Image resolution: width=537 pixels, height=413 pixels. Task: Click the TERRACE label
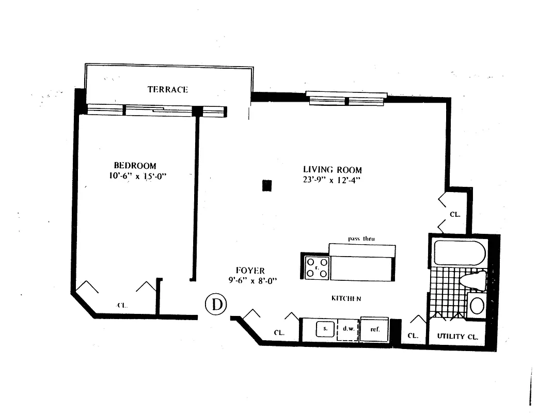pyautogui.click(x=168, y=89)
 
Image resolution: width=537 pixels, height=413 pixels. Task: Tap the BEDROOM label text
pyautogui.click(x=135, y=166)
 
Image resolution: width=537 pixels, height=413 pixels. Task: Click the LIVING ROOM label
pyautogui.click(x=332, y=170)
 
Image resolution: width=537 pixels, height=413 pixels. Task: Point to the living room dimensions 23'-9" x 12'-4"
pyautogui.click(x=332, y=180)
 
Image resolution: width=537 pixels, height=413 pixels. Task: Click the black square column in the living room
pyautogui.click(x=266, y=186)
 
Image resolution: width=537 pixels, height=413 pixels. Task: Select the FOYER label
pyautogui.click(x=250, y=271)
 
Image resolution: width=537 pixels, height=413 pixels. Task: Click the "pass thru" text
pyautogui.click(x=361, y=239)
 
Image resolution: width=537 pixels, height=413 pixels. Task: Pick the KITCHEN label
pyautogui.click(x=345, y=298)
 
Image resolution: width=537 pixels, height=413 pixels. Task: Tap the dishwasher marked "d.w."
pyautogui.click(x=348, y=328)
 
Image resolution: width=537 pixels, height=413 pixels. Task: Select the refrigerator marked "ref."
pyautogui.click(x=374, y=328)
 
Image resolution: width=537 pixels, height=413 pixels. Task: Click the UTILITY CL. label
pyautogui.click(x=457, y=336)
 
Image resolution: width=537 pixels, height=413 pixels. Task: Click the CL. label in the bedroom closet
pyautogui.click(x=122, y=305)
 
